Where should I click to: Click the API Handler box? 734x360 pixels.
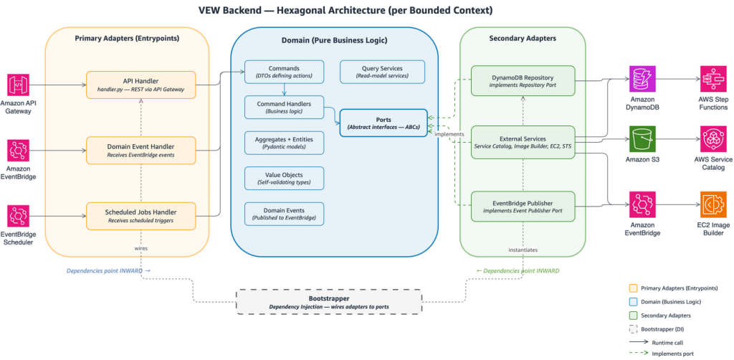click(140, 83)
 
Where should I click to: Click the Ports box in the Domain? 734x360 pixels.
click(383, 122)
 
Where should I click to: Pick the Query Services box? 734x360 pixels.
click(383, 72)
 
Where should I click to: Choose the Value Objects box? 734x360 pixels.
click(284, 179)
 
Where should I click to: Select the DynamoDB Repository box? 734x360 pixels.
click(523, 80)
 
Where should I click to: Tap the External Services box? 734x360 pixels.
click(523, 142)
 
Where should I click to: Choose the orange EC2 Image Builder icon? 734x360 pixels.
click(712, 204)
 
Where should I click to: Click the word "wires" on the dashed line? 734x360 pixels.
click(142, 248)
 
